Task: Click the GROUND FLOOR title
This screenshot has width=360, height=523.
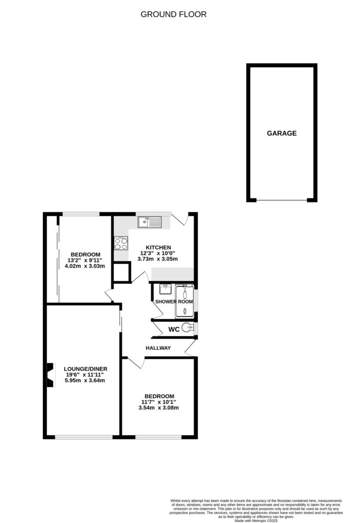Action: [174, 14]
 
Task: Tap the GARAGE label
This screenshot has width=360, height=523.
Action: [281, 133]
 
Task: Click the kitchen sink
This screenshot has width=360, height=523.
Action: [149, 222]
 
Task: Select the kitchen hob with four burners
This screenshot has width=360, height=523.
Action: [121, 243]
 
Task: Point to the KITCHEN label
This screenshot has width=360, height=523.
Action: [158, 247]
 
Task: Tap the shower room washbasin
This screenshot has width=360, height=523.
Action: [164, 290]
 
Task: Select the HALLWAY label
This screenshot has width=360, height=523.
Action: [158, 348]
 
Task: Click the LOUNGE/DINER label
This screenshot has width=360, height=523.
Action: [85, 368]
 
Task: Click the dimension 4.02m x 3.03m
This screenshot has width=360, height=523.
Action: [86, 266]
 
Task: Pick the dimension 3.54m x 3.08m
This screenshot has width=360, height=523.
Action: [159, 408]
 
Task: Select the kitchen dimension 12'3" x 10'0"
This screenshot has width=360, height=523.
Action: [158, 253]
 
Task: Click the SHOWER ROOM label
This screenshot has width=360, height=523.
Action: [174, 302]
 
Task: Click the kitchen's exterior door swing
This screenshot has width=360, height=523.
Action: [182, 220]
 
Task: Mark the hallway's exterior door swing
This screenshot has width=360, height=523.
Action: [190, 349]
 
